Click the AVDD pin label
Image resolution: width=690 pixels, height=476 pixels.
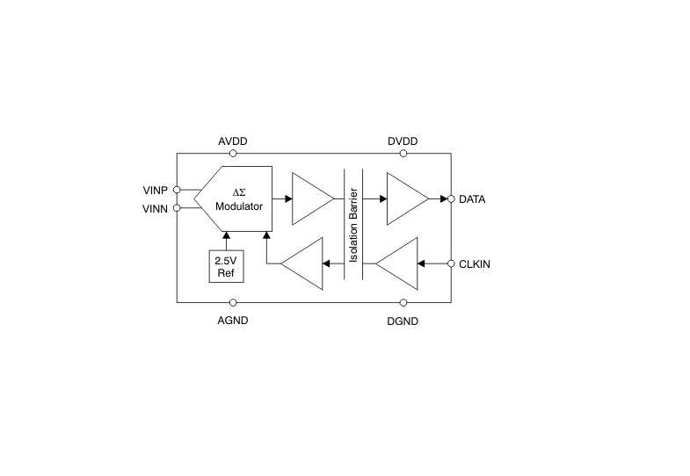coord(233,141)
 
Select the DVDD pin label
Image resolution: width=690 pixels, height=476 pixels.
coord(403,141)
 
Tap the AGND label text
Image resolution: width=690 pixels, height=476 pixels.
coord(233,321)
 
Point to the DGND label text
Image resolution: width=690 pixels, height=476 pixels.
coord(403,321)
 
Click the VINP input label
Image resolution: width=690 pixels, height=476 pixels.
coord(156,191)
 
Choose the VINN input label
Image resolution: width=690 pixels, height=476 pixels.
coord(156,209)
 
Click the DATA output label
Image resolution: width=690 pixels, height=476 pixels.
coord(472,199)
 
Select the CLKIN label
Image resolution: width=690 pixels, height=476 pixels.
coord(475,264)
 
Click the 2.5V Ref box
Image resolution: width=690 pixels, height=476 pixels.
coord(226,266)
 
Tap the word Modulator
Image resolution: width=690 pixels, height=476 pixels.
coord(239,206)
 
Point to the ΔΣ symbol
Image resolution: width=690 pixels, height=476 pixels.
coord(239,192)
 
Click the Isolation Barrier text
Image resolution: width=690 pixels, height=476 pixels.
coord(353,225)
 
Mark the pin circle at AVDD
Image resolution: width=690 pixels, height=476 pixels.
coord(233,154)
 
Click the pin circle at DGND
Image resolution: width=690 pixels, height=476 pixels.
coord(403,302)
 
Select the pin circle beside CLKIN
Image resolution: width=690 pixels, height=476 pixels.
coord(451,263)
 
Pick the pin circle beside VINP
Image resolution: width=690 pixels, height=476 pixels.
coord(177,190)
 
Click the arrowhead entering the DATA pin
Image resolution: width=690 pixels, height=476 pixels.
coord(444,199)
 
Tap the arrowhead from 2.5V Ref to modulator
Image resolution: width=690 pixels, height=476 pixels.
coord(226,235)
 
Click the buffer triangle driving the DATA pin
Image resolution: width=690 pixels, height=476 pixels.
coord(408,198)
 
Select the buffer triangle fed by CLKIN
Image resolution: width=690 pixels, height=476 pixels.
coord(397,263)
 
